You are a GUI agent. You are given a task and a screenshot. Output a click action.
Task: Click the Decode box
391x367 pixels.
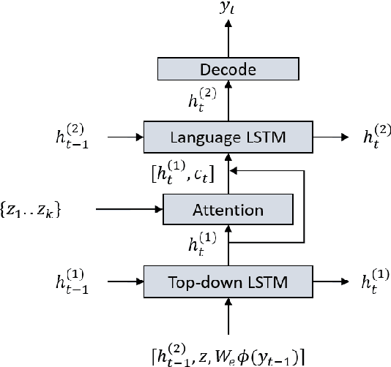(x=228, y=70)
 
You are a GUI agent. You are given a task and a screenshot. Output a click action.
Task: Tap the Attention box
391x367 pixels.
(x=228, y=211)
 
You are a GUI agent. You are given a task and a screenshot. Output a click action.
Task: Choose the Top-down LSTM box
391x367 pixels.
(x=228, y=281)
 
